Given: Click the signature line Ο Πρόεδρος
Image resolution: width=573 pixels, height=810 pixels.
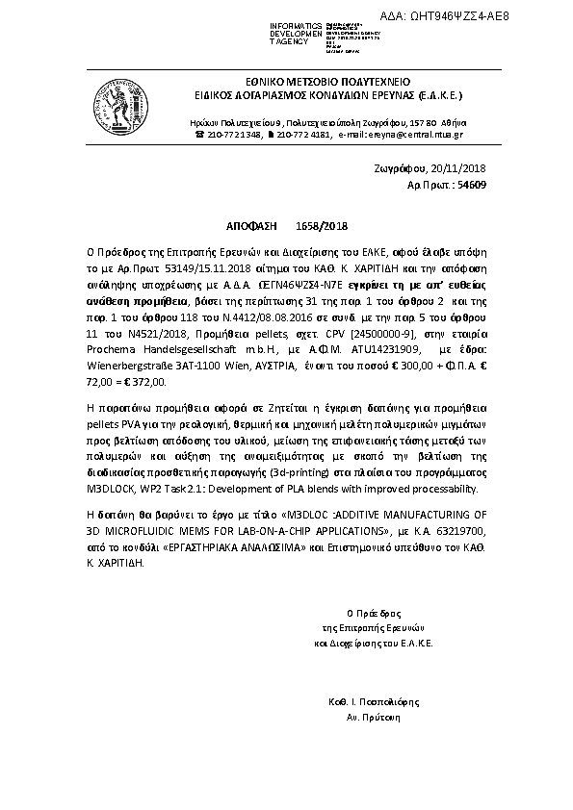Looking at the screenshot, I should pos(373,611).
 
